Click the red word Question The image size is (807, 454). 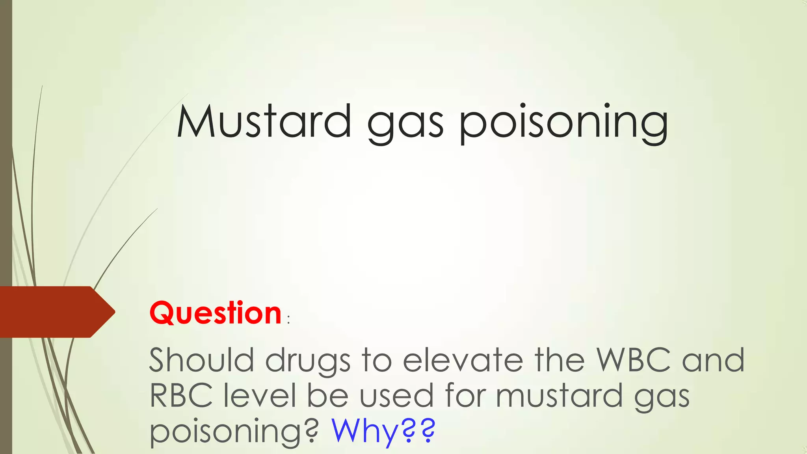click(x=216, y=313)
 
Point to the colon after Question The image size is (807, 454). click(x=289, y=320)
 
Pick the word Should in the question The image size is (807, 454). click(x=201, y=360)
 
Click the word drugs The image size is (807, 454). click(x=308, y=362)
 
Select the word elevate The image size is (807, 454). click(x=463, y=360)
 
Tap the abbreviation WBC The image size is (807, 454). click(x=633, y=359)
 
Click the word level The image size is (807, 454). click(x=260, y=395)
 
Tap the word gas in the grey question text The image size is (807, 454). click(x=662, y=398)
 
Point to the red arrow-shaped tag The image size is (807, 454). click(x=55, y=312)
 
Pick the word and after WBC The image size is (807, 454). click(x=713, y=360)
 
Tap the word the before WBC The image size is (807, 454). click(x=560, y=360)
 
